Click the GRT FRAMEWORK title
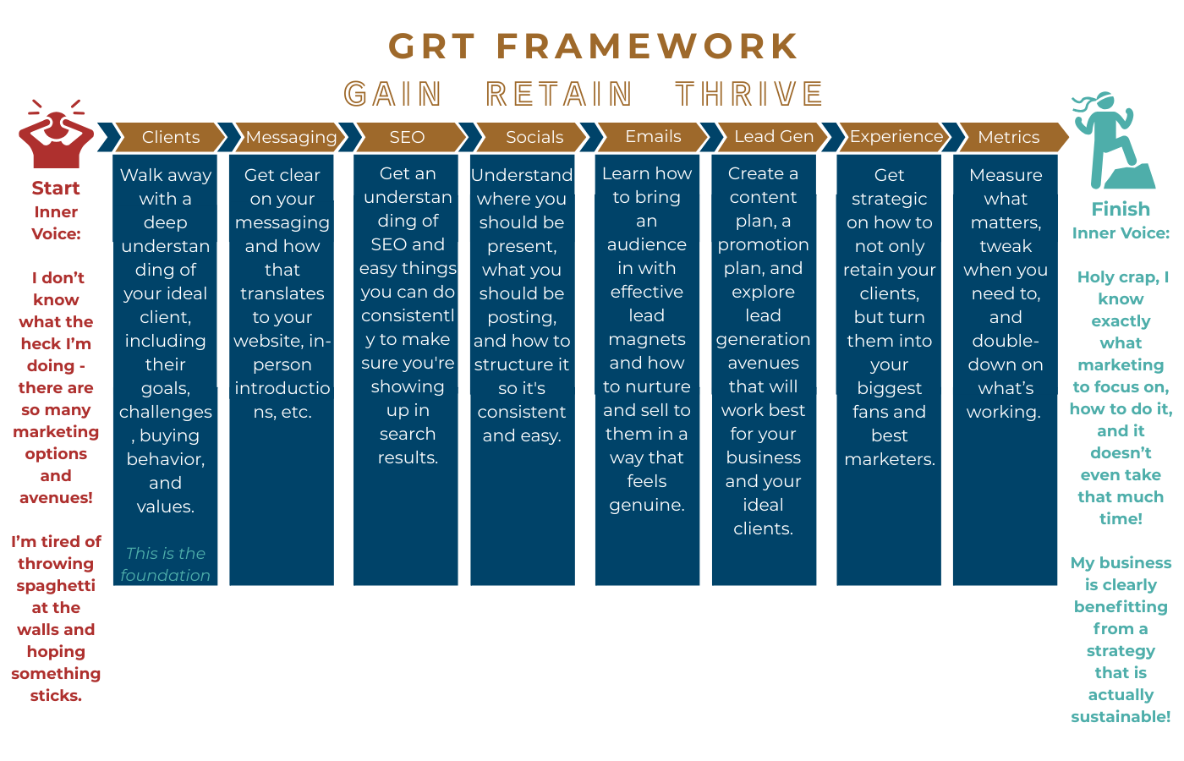[593, 46]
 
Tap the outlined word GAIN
[392, 94]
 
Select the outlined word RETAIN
[559, 94]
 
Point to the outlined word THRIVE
[748, 94]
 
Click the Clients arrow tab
[170, 137]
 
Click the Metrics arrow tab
[1010, 137]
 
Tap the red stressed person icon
[56, 134]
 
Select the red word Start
[56, 188]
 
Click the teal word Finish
[1121, 210]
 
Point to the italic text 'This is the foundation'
[165, 565]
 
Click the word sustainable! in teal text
[1121, 717]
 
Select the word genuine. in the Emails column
[646, 506]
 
